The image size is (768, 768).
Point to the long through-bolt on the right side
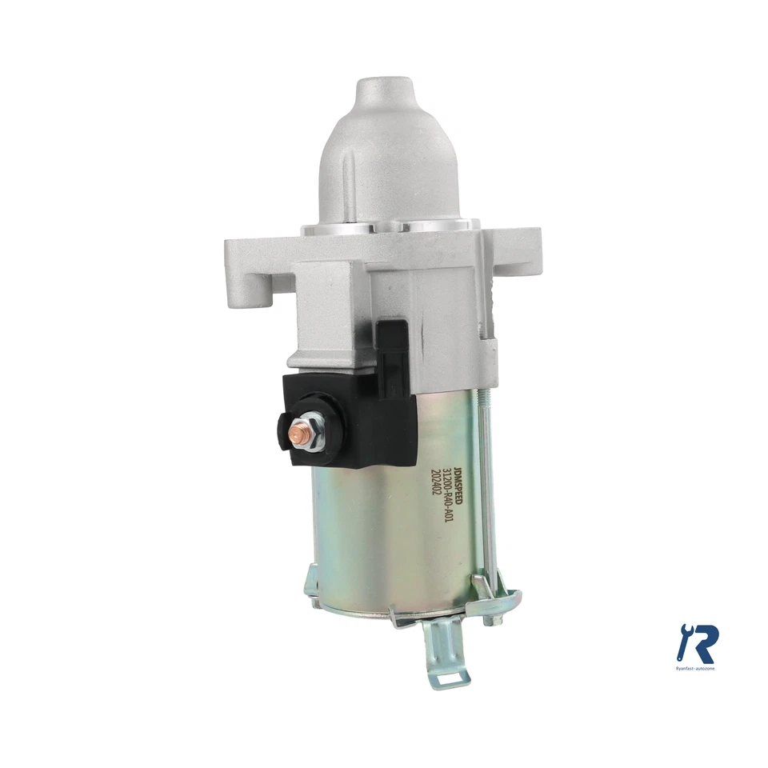487,496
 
